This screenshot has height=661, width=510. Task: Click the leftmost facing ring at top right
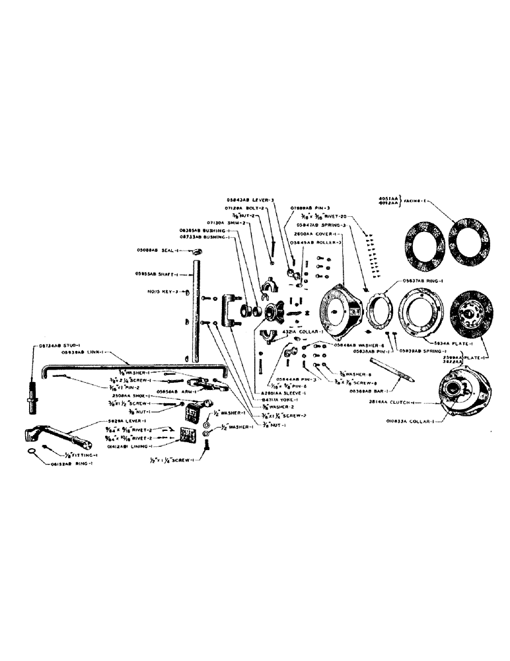(427, 241)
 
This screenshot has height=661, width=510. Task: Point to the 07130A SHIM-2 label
(227, 223)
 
